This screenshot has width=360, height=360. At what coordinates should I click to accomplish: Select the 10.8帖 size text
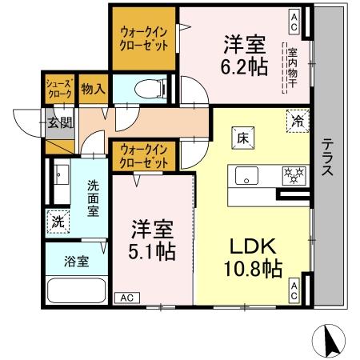pyautogui.click(x=250, y=269)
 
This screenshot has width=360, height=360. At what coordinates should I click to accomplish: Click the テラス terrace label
pyautogui.click(x=328, y=158)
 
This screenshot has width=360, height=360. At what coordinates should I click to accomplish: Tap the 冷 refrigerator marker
pyautogui.click(x=297, y=122)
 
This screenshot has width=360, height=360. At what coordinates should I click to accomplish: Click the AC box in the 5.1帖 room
pyautogui.click(x=126, y=298)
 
